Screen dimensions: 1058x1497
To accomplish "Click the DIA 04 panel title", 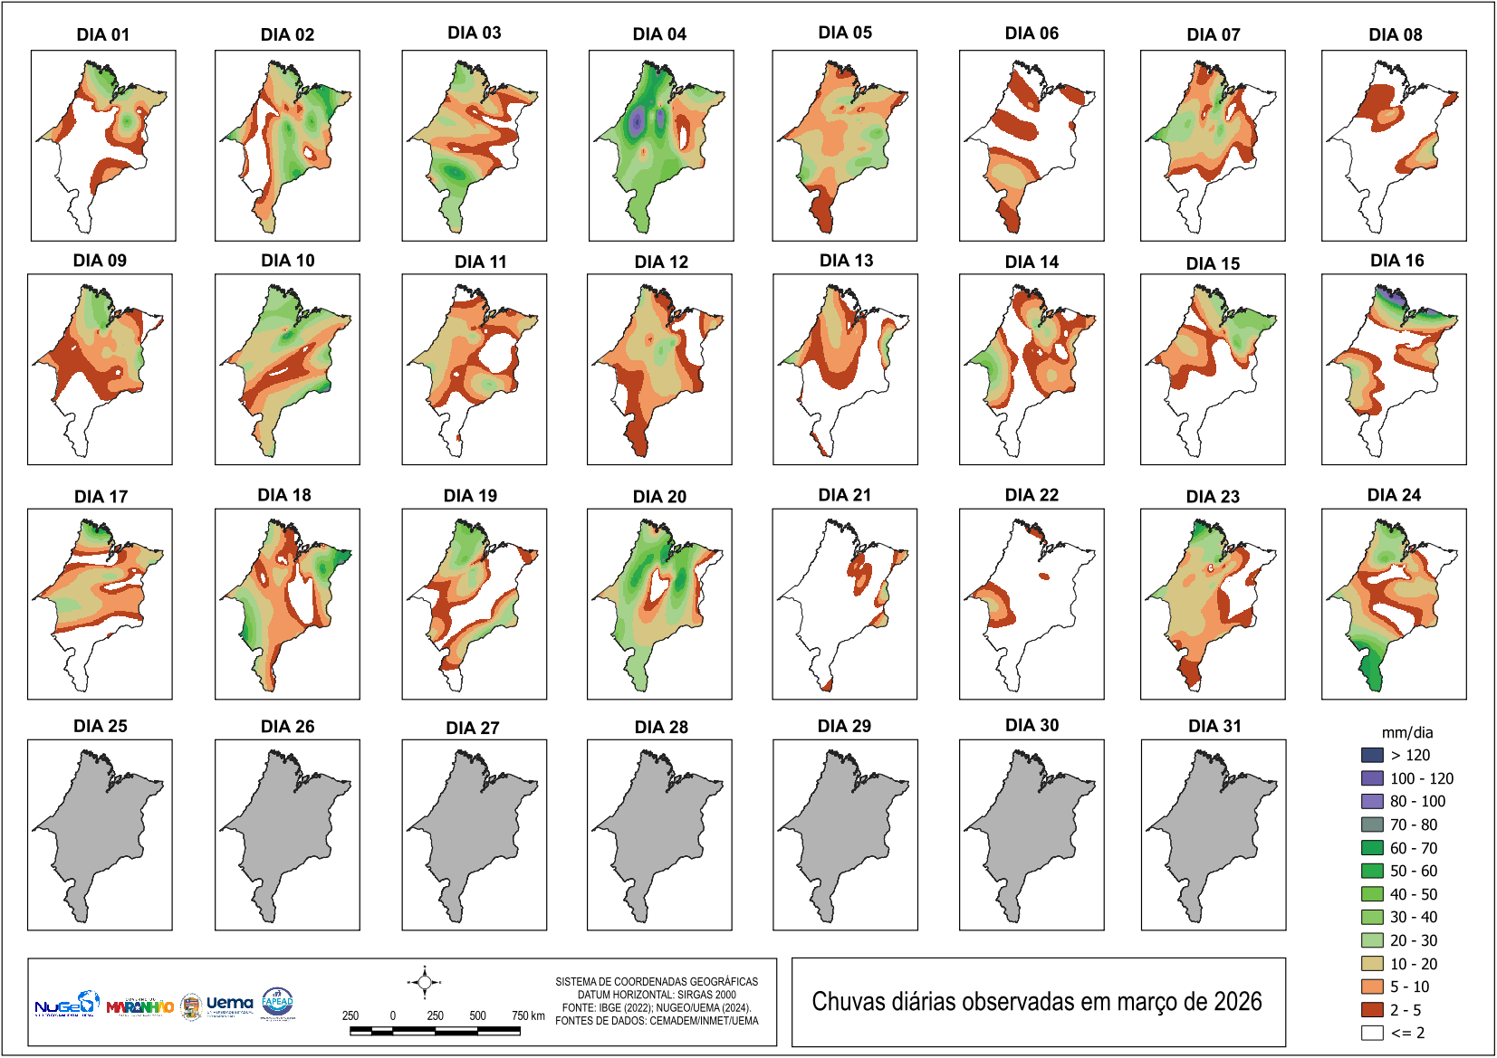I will click(659, 34).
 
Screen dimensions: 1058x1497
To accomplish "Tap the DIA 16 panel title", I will click(1396, 261).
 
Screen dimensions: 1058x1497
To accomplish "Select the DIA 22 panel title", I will click(1032, 495).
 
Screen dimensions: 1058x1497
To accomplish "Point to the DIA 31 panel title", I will click(1214, 726).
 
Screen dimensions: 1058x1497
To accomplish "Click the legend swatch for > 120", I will click(1372, 755).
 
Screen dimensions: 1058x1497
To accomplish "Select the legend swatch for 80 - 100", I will click(1372, 801).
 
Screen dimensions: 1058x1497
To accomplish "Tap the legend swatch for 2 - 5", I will click(1372, 1010).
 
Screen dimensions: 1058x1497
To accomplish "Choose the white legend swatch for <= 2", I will click(1372, 1033).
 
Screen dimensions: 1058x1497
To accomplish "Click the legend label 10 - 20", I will click(1414, 964).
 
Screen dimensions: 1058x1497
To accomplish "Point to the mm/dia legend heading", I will click(1406, 732).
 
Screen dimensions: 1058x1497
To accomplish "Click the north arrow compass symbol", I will click(424, 982).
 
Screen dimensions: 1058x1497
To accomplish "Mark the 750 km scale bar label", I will click(528, 1015).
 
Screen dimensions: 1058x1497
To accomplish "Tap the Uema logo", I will click(229, 1004).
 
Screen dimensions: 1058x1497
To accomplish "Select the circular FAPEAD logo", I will click(277, 1002).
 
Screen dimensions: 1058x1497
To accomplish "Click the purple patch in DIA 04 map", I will click(638, 119).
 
